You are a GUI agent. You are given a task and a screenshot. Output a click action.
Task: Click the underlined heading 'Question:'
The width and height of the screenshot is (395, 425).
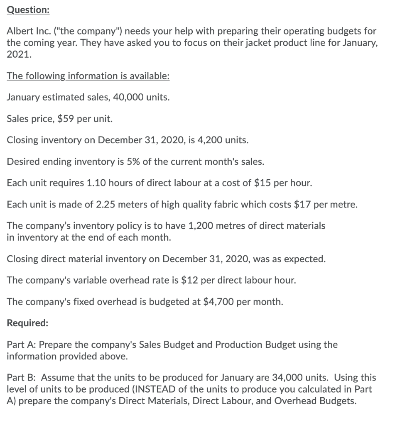(28, 10)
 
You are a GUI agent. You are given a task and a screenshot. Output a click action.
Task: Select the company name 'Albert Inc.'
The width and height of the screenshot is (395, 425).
(26, 32)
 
